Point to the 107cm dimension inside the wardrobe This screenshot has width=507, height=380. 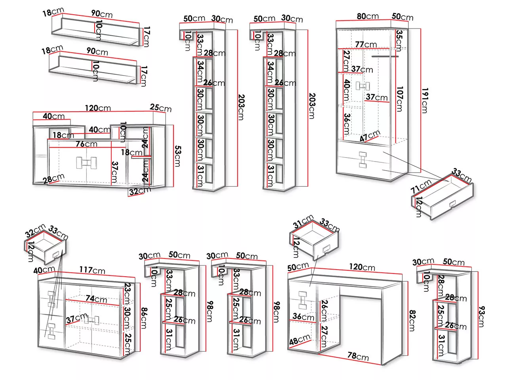click(399, 99)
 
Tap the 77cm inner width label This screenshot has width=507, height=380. click(366, 44)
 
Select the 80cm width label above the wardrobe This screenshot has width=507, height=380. click(368, 16)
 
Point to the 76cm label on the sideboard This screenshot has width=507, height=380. click(86, 144)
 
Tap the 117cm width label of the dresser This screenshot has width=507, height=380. click(92, 270)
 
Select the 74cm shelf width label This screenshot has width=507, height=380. click(96, 299)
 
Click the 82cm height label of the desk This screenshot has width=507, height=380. click(412, 321)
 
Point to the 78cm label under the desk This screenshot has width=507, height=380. click(358, 355)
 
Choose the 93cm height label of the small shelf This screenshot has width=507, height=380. click(481, 316)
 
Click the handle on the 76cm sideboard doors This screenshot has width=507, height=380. click(86, 162)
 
